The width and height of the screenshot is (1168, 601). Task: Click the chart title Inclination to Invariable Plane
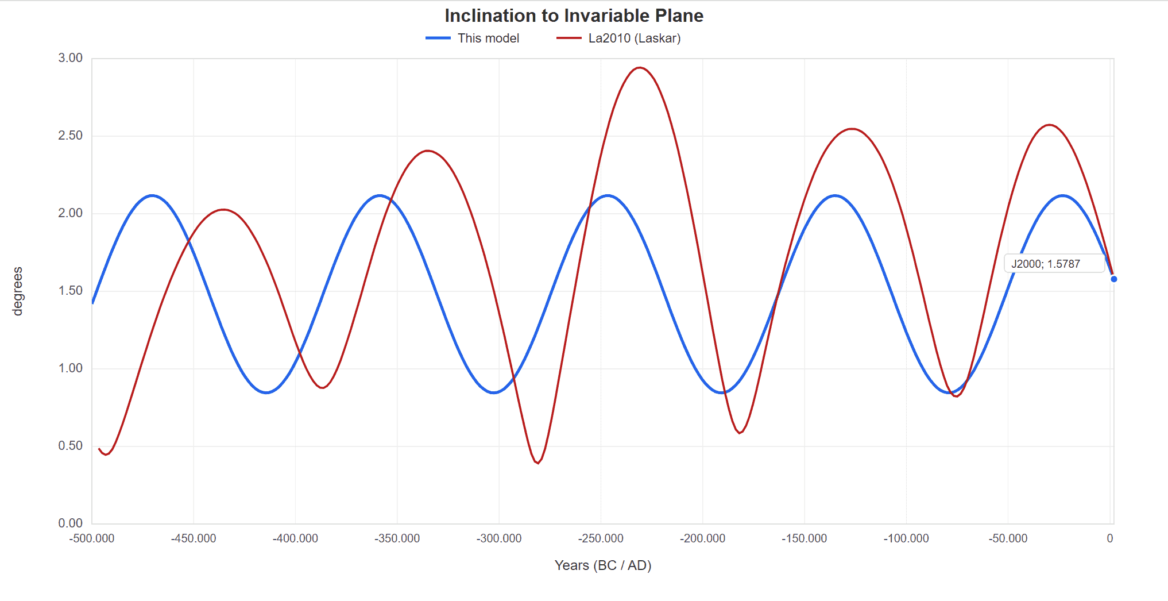pos(574,16)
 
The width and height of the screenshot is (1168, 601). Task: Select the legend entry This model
pos(488,38)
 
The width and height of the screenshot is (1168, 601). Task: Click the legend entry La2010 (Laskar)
pos(634,38)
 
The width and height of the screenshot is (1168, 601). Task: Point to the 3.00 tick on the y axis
pos(70,58)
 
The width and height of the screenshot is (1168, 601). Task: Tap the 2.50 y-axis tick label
pos(70,136)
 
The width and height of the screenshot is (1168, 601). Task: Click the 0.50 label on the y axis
pos(70,446)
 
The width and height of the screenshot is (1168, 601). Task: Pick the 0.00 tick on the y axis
pos(70,523)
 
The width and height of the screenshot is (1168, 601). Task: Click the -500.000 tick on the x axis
pos(92,538)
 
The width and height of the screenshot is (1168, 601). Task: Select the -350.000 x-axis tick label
pos(397,538)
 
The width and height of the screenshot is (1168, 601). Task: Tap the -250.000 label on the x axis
pos(601,538)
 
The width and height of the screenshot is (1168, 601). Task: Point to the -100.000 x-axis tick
pos(906,538)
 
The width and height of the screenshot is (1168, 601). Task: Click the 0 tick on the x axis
pos(1110,538)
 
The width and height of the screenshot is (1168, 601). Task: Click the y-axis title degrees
pos(18,291)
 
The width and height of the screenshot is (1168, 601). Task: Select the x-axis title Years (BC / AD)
pos(602,565)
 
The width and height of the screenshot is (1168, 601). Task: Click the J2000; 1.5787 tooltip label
pos(1046,264)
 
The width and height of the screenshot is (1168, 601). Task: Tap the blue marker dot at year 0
pos(1114,279)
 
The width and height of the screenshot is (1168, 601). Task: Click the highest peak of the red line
pos(639,68)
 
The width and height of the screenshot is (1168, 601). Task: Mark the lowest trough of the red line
pos(538,463)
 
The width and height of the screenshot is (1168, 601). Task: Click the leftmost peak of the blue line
pos(152,195)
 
